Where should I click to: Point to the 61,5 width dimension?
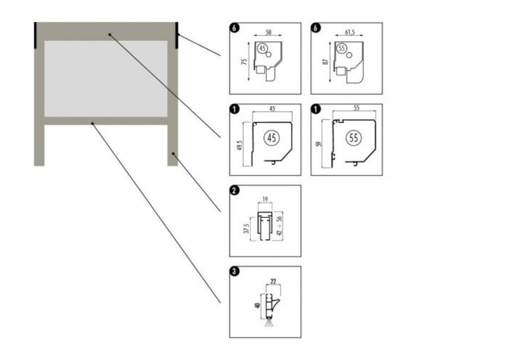[x=351, y=32]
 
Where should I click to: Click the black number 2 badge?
[x=234, y=191]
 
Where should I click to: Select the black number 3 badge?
[x=234, y=272]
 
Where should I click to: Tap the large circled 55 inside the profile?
[x=354, y=138]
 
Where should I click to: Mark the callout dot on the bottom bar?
[x=93, y=123]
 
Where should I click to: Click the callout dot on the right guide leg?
[x=174, y=153]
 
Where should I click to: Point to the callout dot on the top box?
[x=109, y=34]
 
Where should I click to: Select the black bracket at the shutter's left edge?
[x=35, y=35]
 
